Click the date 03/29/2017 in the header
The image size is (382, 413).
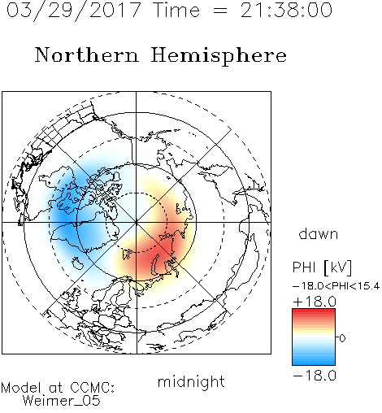click(74, 11)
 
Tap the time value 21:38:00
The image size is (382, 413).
click(286, 10)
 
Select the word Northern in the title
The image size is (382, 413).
click(87, 54)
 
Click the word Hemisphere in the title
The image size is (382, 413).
click(219, 56)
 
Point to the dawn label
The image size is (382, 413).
click(319, 233)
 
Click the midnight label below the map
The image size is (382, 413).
click(191, 381)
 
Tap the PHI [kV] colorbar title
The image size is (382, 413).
click(322, 267)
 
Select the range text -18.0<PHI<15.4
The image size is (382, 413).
click(336, 286)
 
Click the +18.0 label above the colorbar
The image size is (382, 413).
click(315, 302)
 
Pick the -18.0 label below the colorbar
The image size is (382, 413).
click(315, 376)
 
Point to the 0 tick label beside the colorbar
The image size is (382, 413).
click(342, 338)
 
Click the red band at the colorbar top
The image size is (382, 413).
click(314, 313)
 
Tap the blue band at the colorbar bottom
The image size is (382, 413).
click(314, 361)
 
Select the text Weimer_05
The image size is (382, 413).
click(62, 401)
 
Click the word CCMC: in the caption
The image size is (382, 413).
click(92, 388)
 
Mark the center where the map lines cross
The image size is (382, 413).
click(137, 222)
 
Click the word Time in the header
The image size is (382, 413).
click(176, 10)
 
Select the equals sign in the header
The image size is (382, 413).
click(220, 11)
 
